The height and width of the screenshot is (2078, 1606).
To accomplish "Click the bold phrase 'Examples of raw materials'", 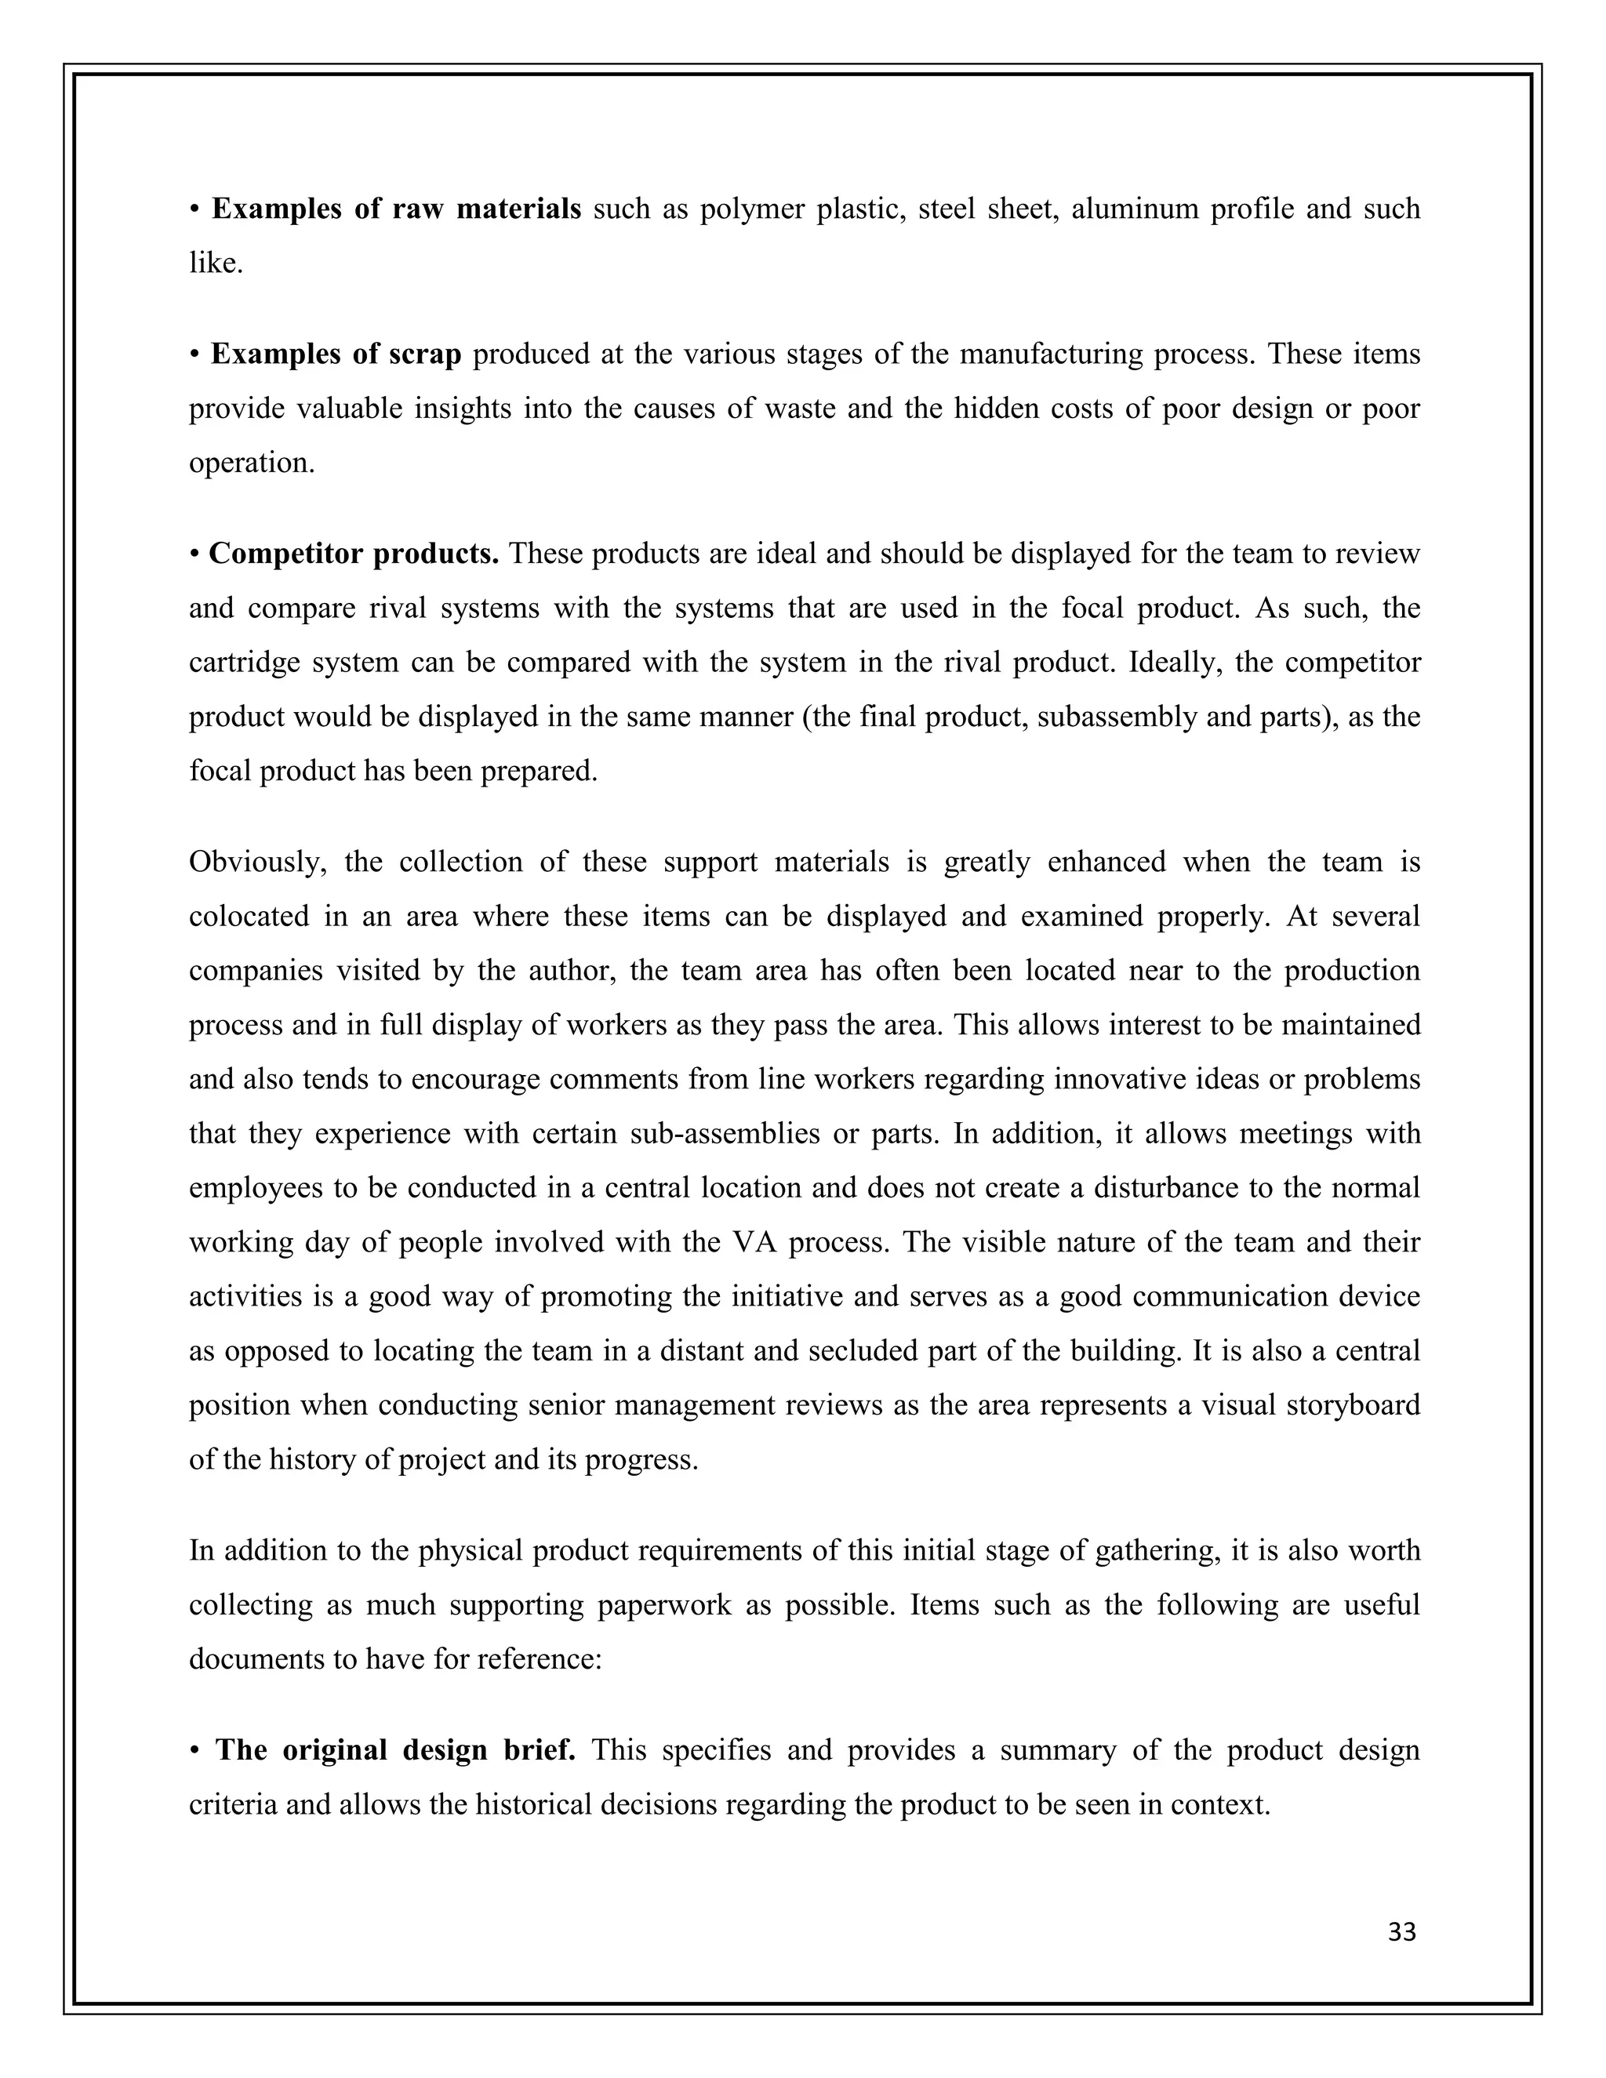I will (x=396, y=209).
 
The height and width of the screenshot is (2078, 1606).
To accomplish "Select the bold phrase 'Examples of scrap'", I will (x=336, y=354).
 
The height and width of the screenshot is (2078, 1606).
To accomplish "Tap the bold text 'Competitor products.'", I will (x=354, y=554).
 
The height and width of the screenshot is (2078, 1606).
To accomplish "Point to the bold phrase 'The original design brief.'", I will (x=396, y=1749).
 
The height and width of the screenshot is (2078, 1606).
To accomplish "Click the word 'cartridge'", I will (x=244, y=663).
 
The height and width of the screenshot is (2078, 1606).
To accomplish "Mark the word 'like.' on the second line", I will (x=216, y=263).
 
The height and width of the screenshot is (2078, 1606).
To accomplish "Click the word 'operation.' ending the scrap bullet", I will (x=251, y=463).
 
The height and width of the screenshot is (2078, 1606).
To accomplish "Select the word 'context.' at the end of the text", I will (x=1221, y=1804).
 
